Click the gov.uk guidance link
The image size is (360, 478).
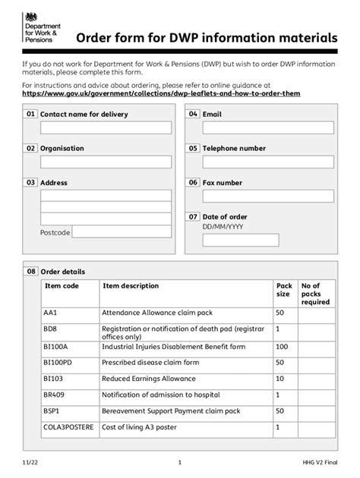(161, 93)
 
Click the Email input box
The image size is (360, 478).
(268, 127)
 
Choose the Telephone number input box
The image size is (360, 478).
(268, 162)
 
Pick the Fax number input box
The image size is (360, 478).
(268, 196)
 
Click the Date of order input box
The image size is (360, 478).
(240, 240)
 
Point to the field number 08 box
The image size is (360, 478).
(31, 271)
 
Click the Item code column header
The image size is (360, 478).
(62, 286)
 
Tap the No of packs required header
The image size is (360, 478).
(315, 294)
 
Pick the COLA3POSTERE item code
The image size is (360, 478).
(69, 428)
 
